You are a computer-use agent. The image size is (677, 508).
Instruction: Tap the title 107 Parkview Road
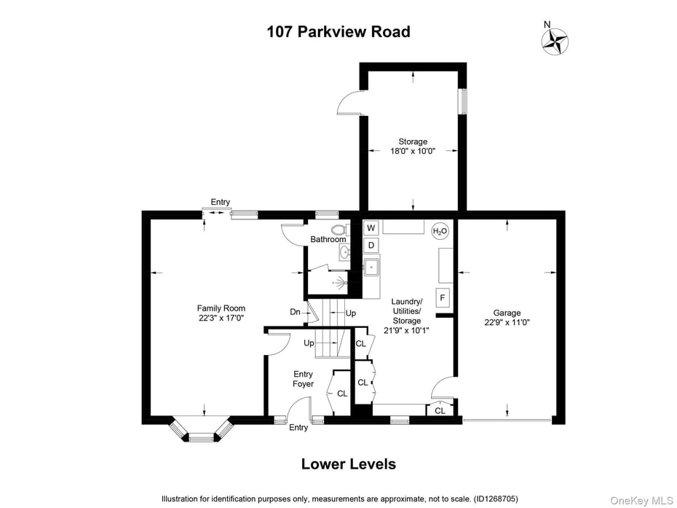click(338, 32)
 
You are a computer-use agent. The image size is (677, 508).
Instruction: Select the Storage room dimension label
click(412, 146)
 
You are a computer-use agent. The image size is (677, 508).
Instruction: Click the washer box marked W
click(371, 228)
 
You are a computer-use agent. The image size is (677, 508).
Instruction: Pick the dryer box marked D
click(371, 246)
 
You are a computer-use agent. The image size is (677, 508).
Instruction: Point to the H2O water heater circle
click(440, 232)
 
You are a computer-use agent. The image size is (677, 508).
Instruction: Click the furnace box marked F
click(442, 297)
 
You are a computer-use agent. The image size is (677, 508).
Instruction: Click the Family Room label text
click(221, 313)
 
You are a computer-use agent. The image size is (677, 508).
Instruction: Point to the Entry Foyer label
click(303, 379)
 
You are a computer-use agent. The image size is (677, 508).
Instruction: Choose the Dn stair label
click(295, 312)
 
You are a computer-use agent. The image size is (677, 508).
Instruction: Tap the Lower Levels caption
click(348, 464)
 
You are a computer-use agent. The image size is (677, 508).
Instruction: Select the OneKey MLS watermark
click(634, 500)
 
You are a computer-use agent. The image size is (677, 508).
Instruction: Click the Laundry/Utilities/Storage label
click(406, 316)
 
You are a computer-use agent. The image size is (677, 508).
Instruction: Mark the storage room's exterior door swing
click(349, 103)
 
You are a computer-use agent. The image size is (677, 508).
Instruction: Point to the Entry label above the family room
click(220, 202)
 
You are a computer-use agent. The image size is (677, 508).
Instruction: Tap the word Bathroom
click(328, 240)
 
